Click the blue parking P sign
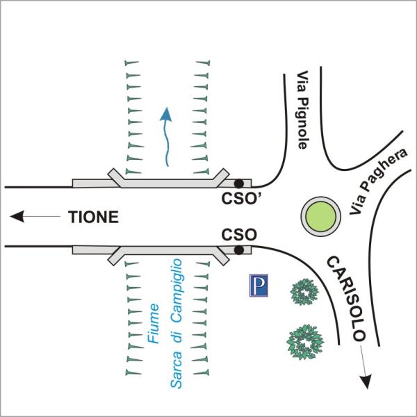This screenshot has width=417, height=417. (x=259, y=286)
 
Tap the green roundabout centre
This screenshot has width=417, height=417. (x=320, y=216)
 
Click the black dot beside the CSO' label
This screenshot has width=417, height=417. (x=239, y=183)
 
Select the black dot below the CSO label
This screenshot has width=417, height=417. (x=239, y=250)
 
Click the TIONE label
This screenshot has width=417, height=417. (x=93, y=217)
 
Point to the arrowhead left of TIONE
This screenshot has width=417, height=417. (x=17, y=216)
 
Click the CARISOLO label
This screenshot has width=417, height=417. (x=345, y=298)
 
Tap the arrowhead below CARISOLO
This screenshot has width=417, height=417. (x=366, y=382)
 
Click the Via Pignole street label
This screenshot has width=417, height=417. (x=302, y=110)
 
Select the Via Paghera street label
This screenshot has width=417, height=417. (x=379, y=181)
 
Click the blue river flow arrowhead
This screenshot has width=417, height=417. (x=166, y=114)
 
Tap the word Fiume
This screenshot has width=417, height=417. (x=154, y=323)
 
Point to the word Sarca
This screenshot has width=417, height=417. (x=176, y=370)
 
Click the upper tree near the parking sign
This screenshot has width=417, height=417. (x=304, y=292)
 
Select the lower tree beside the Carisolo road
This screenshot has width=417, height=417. (x=305, y=342)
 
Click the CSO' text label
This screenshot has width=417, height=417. (x=241, y=198)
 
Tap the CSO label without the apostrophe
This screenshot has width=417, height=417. (x=239, y=235)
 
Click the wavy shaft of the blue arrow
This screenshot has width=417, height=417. (x=167, y=144)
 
